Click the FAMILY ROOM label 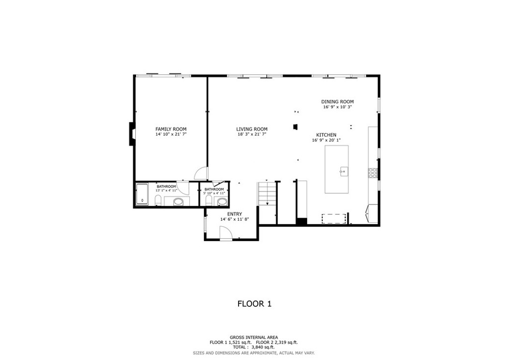pos(170,129)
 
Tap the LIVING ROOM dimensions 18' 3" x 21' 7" pos(252,135)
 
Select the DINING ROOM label pos(337,102)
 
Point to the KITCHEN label pos(326,135)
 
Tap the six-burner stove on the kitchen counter pos(372,173)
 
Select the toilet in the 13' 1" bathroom pos(158,200)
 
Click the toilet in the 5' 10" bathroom pos(209,201)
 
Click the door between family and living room pos(201,173)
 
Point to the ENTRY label pos(234,214)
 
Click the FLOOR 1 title pos(254,303)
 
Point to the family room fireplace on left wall pos(132,134)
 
